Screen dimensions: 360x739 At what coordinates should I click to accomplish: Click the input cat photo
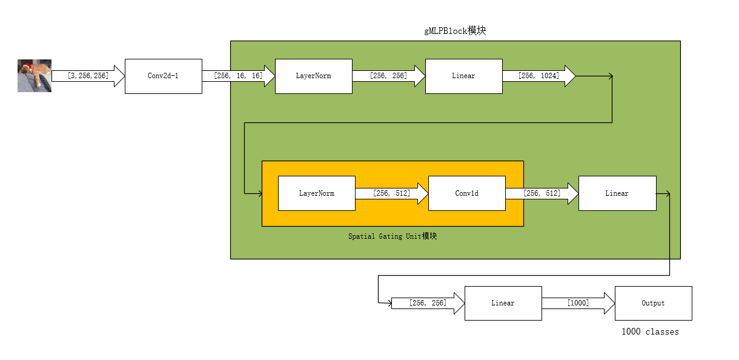tap(35, 76)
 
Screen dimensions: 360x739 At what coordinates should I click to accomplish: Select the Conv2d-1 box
tap(163, 76)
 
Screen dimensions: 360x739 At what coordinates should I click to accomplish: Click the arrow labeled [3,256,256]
tap(88, 76)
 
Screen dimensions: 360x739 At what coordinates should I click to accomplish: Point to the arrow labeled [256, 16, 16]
tap(238, 76)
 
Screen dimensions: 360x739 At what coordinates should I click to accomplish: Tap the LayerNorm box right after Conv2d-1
tap(313, 76)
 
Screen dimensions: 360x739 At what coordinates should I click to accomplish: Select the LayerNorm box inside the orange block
tap(316, 193)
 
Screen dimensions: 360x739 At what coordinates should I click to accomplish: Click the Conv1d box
tap(466, 193)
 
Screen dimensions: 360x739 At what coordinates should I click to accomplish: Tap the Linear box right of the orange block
tap(617, 193)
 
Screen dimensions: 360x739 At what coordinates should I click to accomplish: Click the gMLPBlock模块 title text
tap(454, 31)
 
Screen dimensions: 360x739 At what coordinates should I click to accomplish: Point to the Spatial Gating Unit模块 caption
tap(392, 236)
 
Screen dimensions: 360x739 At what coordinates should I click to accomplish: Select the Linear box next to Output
tap(503, 303)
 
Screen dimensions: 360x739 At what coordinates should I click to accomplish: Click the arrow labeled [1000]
tap(578, 303)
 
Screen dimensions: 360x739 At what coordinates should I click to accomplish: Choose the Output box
tap(653, 303)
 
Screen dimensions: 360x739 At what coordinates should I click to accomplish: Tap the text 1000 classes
tap(650, 332)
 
